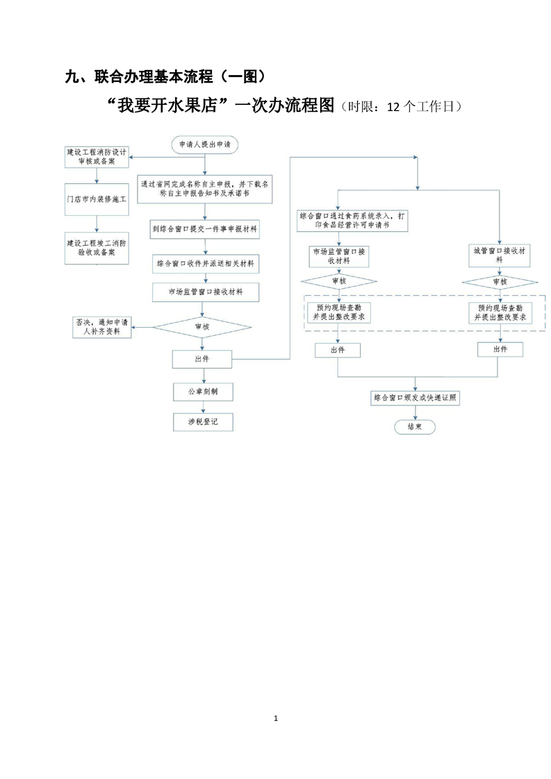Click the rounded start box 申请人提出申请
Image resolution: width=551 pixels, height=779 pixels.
click(x=204, y=144)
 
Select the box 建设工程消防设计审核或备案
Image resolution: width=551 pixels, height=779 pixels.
click(x=96, y=156)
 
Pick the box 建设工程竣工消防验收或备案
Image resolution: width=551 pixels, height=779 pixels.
click(x=96, y=248)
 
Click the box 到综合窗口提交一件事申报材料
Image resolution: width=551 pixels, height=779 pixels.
click(x=204, y=229)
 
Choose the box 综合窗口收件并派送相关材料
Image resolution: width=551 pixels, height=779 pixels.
click(x=204, y=263)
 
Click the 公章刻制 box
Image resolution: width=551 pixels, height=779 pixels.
click(x=202, y=392)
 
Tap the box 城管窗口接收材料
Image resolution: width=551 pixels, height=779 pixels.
click(x=499, y=255)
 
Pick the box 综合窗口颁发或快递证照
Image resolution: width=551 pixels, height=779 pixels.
click(x=415, y=398)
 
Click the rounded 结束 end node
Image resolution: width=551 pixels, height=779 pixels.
click(x=415, y=427)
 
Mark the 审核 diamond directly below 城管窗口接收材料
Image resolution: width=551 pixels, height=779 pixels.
click(x=499, y=282)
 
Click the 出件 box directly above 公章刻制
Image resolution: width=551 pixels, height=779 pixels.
click(x=202, y=358)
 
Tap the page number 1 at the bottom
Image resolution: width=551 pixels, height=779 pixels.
click(x=276, y=717)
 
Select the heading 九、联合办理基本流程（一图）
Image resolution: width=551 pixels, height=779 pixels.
click(x=165, y=77)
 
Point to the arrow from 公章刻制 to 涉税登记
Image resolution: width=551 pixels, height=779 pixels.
click(x=202, y=407)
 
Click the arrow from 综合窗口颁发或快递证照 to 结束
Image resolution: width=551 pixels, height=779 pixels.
click(x=415, y=412)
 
